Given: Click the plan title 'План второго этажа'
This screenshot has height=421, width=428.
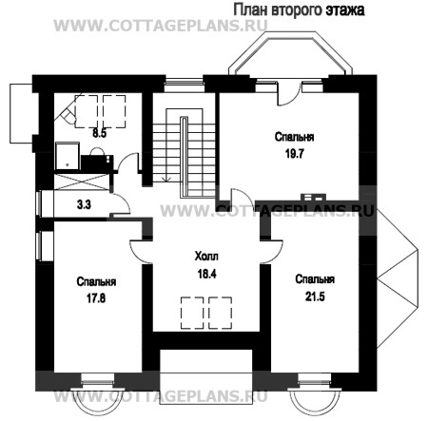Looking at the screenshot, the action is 299,10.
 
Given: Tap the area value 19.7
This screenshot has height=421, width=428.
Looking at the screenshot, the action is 295,154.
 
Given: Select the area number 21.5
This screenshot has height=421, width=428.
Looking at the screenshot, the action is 315,297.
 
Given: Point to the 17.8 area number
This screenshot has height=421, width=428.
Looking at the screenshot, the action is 96,298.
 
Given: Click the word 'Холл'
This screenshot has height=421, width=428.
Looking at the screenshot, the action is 206,257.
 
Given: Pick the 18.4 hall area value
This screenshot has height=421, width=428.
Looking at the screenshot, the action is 207,274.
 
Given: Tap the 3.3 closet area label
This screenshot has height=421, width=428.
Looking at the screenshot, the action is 84,204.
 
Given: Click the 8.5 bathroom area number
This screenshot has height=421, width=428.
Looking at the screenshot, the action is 99,133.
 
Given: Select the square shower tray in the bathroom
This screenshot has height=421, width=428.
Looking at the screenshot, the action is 68,156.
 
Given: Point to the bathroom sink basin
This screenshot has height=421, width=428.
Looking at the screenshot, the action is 97,152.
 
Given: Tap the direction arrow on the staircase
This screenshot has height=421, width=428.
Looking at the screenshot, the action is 166,178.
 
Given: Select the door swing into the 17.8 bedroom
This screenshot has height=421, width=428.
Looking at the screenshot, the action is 142,252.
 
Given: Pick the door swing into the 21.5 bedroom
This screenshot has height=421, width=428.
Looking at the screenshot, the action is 272,252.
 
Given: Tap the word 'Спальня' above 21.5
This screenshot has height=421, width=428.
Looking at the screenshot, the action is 315,279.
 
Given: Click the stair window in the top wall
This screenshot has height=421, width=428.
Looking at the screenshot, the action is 184,83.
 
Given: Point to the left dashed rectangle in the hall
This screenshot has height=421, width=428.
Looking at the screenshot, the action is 192,313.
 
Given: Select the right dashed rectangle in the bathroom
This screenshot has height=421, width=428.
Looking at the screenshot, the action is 114,111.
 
